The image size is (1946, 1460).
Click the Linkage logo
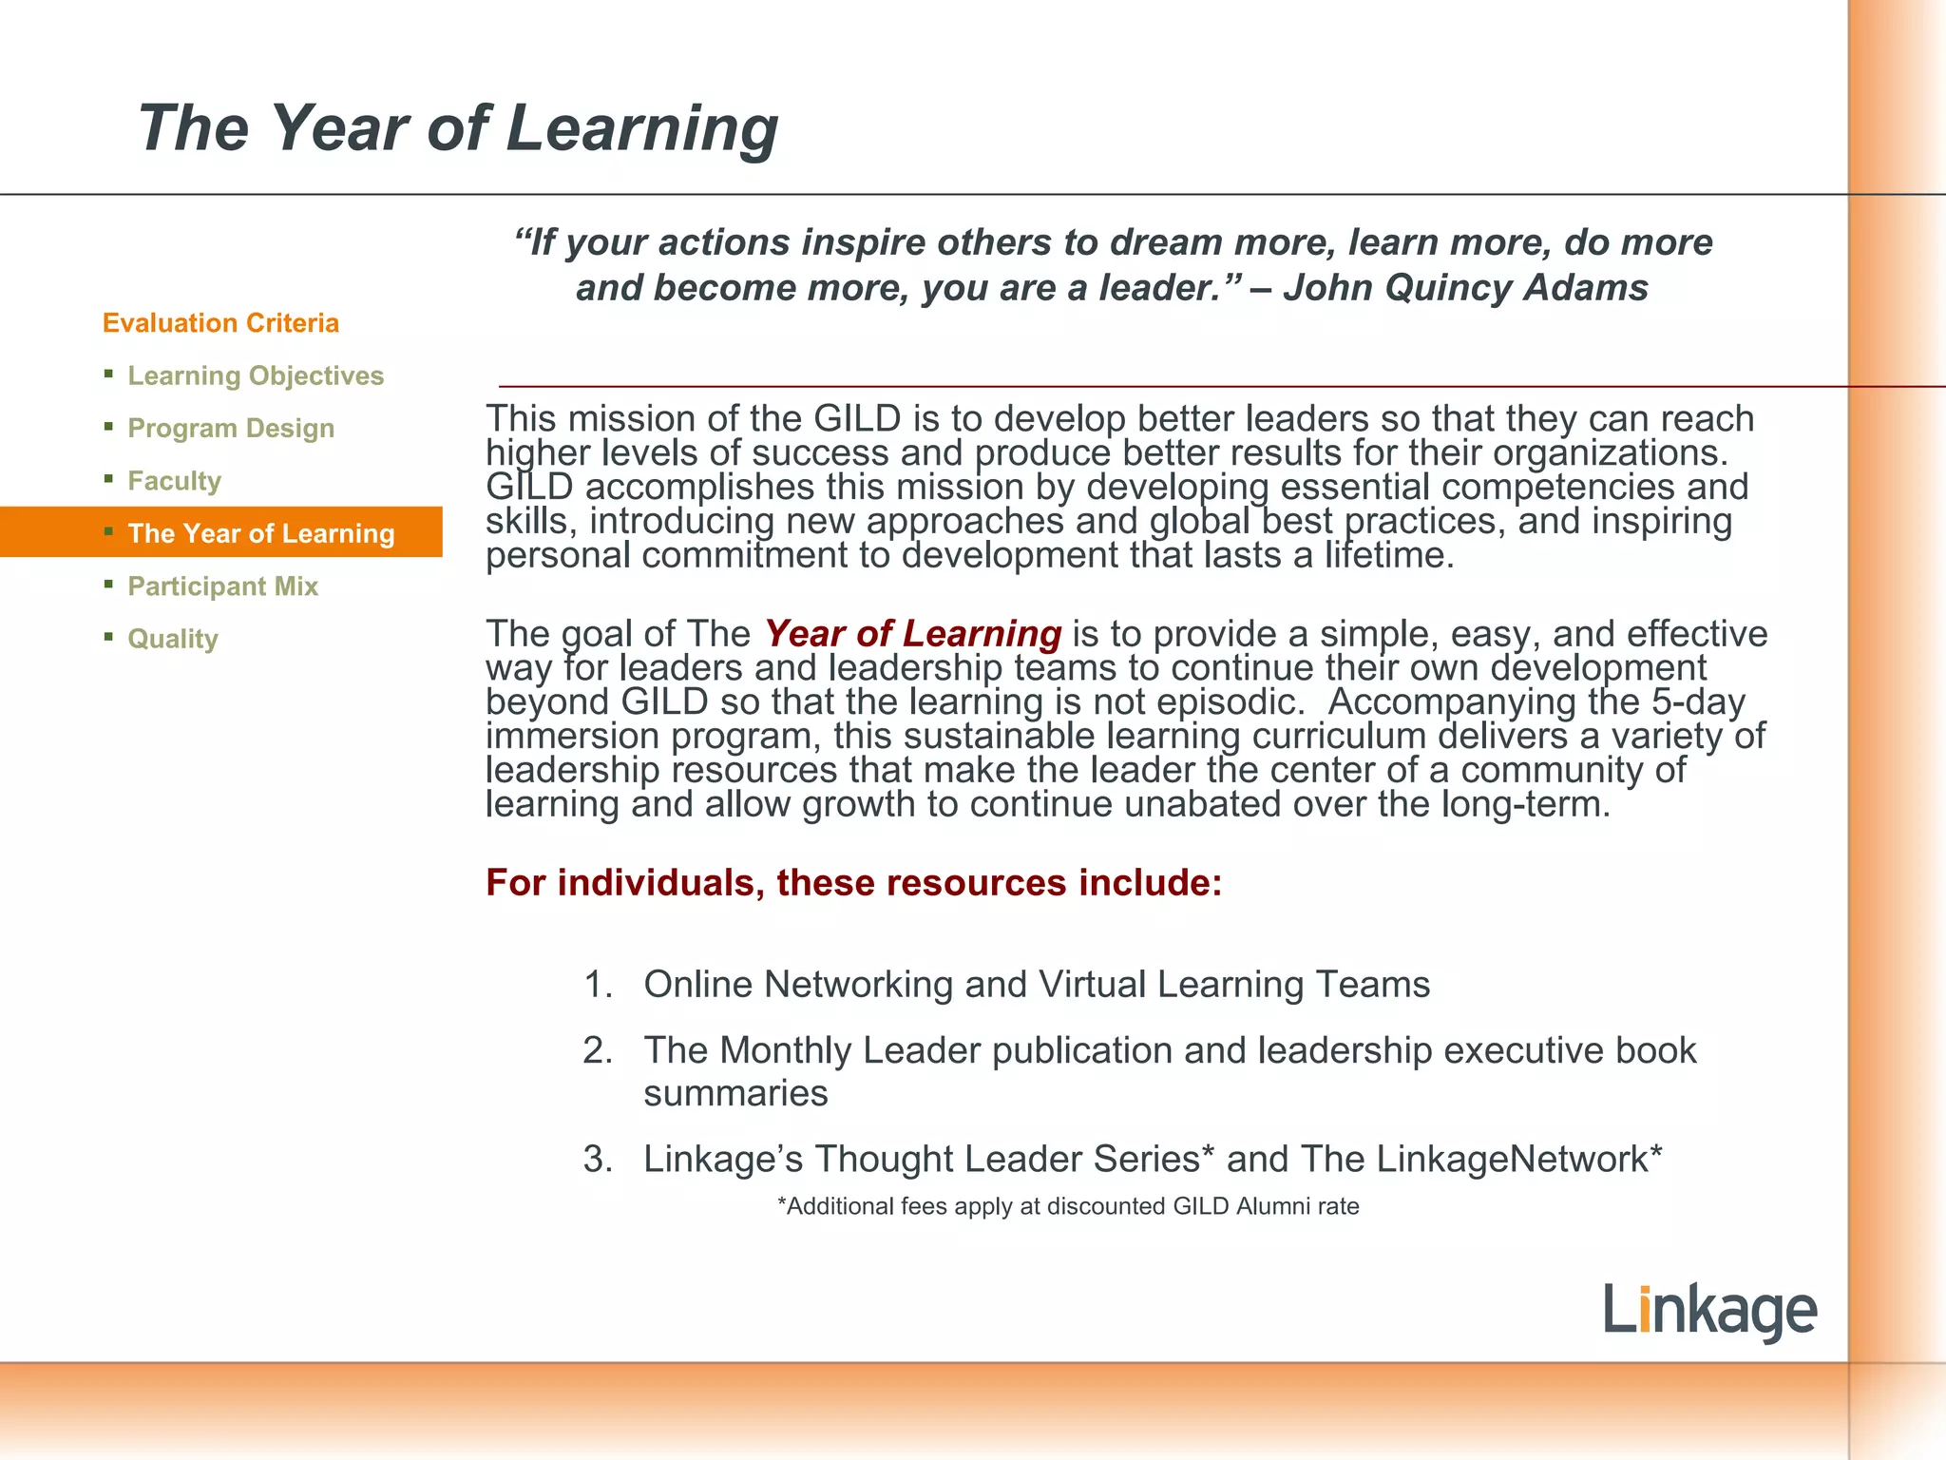pos(1709,1311)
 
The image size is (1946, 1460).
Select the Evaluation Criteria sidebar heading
pos(220,323)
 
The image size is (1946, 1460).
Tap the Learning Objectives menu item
pos(256,375)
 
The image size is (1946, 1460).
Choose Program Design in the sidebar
pos(231,428)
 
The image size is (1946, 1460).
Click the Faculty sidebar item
pos(175,481)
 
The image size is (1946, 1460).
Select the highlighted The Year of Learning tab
pos(260,533)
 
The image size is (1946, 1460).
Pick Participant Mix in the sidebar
pos(223,586)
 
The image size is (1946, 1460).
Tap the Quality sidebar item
pos(173,639)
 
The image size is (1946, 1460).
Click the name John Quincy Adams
pos(1465,287)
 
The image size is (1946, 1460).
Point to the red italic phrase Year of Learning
pos(912,633)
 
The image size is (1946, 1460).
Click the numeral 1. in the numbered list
pos(598,985)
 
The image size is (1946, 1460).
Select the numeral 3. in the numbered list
pos(598,1159)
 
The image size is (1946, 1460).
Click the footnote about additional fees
pos(1068,1206)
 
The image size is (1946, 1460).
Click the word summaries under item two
pos(735,1094)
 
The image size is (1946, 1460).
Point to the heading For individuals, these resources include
pos(853,882)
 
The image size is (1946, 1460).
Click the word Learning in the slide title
pos(641,128)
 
